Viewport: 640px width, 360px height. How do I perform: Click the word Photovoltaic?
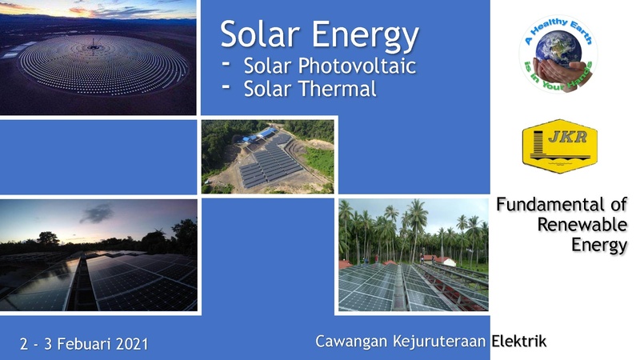(x=357, y=66)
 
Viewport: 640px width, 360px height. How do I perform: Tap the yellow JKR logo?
(x=559, y=146)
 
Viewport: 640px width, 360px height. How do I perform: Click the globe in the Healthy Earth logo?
(x=558, y=47)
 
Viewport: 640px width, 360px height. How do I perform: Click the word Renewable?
(x=582, y=225)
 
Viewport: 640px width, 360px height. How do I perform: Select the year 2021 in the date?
(x=132, y=344)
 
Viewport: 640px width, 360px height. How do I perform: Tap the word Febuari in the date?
(x=84, y=344)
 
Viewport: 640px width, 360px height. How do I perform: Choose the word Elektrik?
(x=518, y=341)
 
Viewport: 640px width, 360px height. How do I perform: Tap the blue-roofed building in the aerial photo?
(x=262, y=135)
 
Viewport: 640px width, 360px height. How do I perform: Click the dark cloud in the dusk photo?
(x=97, y=214)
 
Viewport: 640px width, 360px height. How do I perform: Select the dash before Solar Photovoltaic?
(x=226, y=63)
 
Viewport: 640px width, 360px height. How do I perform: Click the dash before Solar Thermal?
(x=226, y=86)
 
